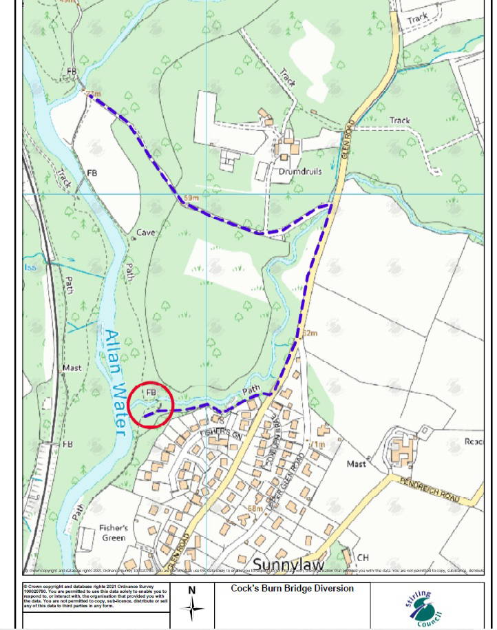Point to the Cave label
point(145,233)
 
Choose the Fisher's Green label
point(114,534)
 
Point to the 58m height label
point(256,509)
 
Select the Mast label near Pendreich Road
point(356,464)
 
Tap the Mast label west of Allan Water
point(72,368)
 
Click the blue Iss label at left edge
point(30,267)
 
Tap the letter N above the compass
point(192,590)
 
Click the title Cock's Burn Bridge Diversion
point(293,589)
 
